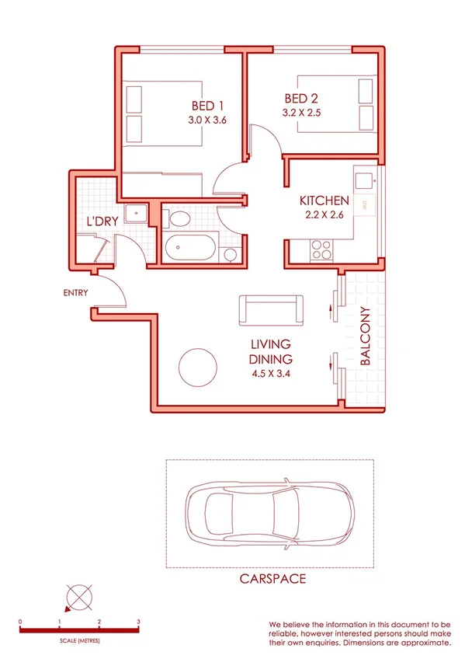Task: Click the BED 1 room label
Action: [209, 106]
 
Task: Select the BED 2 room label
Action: [303, 99]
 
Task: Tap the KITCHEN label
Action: [324, 201]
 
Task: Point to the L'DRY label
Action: [102, 221]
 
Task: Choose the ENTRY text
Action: [75, 293]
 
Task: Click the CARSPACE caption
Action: [272, 579]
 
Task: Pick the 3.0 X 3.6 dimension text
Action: [206, 120]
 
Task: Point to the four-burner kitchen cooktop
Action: [321, 249]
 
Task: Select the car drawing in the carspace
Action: [270, 513]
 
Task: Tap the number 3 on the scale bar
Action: [138, 622]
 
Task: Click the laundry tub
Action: [137, 211]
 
